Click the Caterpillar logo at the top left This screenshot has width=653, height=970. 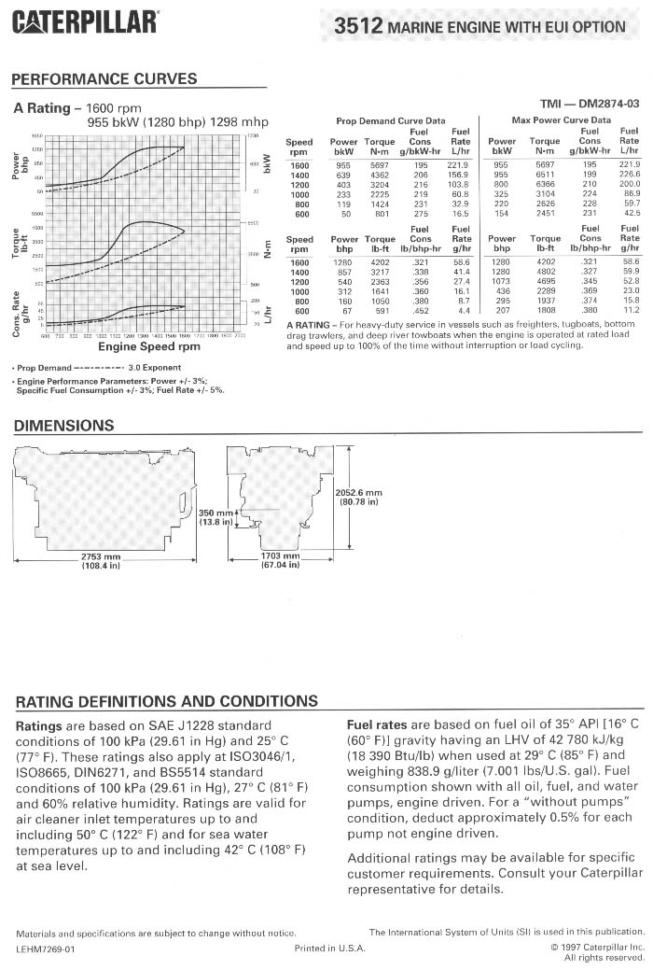tap(85, 21)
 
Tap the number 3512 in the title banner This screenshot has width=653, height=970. tap(359, 27)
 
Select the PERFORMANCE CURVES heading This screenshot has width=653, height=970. tap(104, 79)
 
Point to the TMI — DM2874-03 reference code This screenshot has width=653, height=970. tap(590, 104)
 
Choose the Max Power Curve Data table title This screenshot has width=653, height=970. tap(562, 120)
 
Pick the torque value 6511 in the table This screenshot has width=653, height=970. tap(545, 175)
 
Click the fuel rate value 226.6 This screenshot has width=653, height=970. tap(630, 175)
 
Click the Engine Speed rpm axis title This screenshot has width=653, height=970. tap(149, 346)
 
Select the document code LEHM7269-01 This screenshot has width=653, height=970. tap(45, 948)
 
